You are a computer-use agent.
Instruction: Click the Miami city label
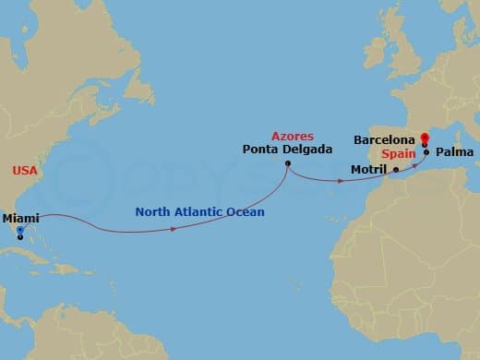(21, 218)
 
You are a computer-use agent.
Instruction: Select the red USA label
(24, 171)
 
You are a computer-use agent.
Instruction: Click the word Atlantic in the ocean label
(202, 212)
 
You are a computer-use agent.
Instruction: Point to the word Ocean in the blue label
(246, 212)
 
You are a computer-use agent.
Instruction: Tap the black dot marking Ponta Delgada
(288, 164)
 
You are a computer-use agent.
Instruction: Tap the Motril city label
(370, 170)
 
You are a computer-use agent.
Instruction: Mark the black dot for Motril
(396, 170)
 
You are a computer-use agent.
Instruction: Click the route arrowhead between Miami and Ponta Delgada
(174, 228)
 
